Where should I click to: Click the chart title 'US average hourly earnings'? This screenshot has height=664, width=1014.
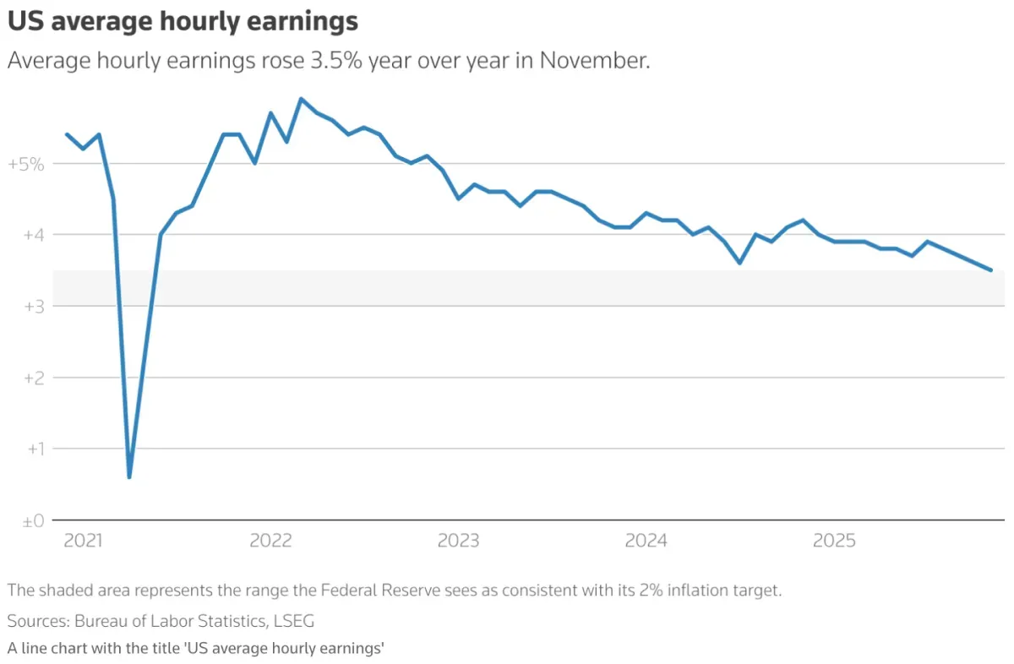(x=183, y=22)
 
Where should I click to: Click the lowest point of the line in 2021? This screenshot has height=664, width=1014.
(x=129, y=477)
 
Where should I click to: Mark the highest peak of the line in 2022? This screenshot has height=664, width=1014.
(x=302, y=99)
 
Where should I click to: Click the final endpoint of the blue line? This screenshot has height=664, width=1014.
(x=990, y=270)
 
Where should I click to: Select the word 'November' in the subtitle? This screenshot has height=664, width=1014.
(x=592, y=62)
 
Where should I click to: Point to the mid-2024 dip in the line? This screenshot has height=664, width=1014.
(x=739, y=263)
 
